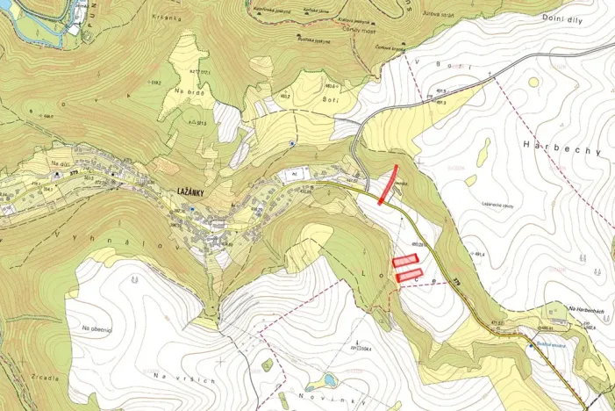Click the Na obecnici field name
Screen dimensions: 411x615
coord(97,328)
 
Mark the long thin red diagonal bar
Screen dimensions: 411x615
coord(388,184)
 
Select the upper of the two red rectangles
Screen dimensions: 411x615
coord(404,260)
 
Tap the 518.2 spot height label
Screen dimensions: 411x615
coord(154,81)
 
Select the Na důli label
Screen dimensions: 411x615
coord(60,163)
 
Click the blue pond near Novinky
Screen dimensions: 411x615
coord(329,380)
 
